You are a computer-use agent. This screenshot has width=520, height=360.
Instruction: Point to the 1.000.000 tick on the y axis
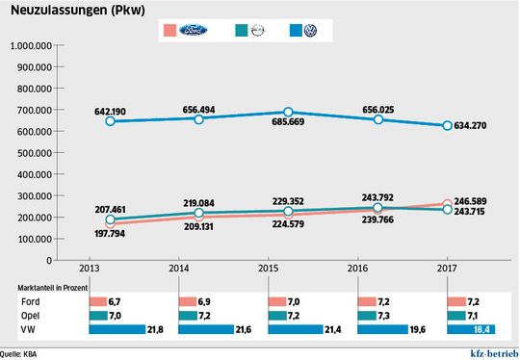(32, 45)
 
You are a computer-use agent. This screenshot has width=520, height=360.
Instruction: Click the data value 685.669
(288, 127)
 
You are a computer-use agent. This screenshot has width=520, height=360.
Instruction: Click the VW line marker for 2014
(199, 118)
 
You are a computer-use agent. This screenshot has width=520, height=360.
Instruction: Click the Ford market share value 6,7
(114, 300)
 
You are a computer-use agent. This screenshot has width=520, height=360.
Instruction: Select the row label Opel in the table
(31, 315)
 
